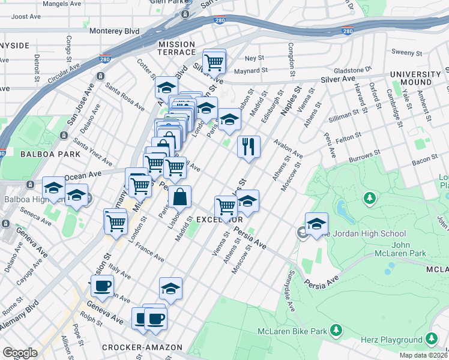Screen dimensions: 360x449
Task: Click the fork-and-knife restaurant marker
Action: tap(248, 146)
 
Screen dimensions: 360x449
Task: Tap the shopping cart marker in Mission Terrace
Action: tap(214, 62)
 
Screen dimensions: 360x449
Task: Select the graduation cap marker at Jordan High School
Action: tap(316, 226)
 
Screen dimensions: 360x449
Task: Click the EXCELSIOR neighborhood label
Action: tap(220, 220)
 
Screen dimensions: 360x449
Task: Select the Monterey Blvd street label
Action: tap(114, 31)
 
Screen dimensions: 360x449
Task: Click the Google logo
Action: tap(20, 353)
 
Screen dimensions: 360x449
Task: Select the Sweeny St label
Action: tap(403, 53)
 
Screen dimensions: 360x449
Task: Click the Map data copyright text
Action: tap(423, 355)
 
